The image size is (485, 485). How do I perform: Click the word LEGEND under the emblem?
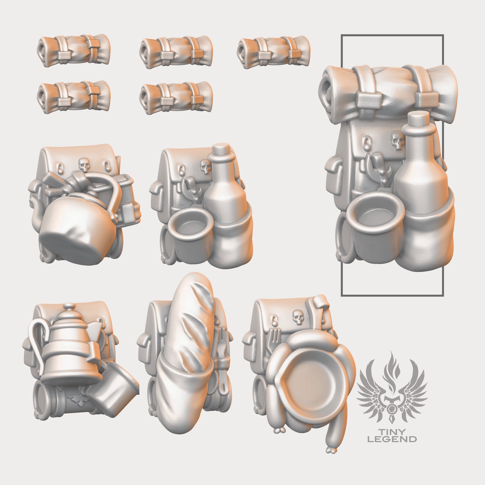coord(392,439)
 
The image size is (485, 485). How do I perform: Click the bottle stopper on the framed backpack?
coord(420,118)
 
